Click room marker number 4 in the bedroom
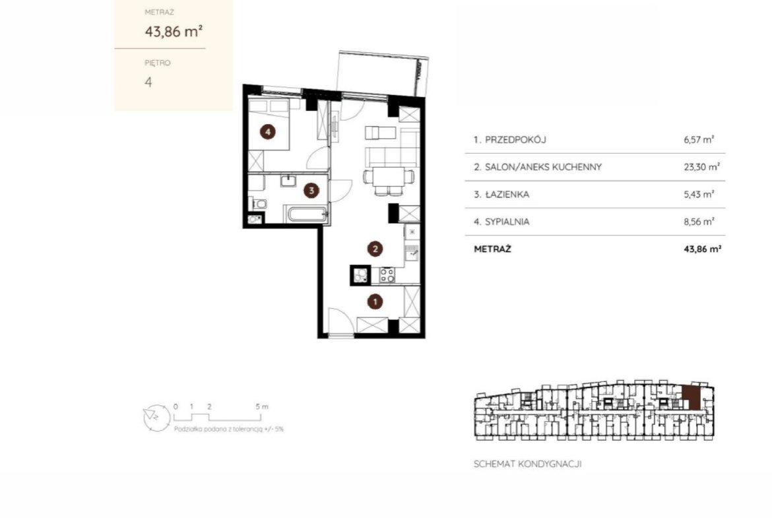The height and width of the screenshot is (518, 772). pyautogui.click(x=268, y=131)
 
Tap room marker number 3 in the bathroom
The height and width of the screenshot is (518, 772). pyautogui.click(x=311, y=190)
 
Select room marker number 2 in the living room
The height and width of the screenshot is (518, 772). pyautogui.click(x=375, y=249)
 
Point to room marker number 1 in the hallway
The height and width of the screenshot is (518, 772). pyautogui.click(x=375, y=302)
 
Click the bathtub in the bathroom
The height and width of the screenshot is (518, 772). pyautogui.click(x=307, y=214)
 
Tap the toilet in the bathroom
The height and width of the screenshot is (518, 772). pyautogui.click(x=259, y=203)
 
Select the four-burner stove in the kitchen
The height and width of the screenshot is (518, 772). pyautogui.click(x=387, y=275)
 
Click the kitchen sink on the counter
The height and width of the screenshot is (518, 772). pyautogui.click(x=412, y=253)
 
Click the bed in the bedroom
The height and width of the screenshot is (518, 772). pyautogui.click(x=269, y=123)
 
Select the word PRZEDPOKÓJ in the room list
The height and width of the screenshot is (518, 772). pyautogui.click(x=515, y=140)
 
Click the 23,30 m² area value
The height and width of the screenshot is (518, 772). pyautogui.click(x=701, y=167)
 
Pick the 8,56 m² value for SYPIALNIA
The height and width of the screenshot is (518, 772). pyautogui.click(x=699, y=222)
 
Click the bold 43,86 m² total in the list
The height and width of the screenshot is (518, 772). pyautogui.click(x=703, y=249)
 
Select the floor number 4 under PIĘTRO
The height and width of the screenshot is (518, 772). pyautogui.click(x=148, y=82)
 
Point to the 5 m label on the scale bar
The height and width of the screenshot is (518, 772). pyautogui.click(x=262, y=406)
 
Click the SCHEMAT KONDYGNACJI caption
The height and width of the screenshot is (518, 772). pyautogui.click(x=527, y=464)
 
